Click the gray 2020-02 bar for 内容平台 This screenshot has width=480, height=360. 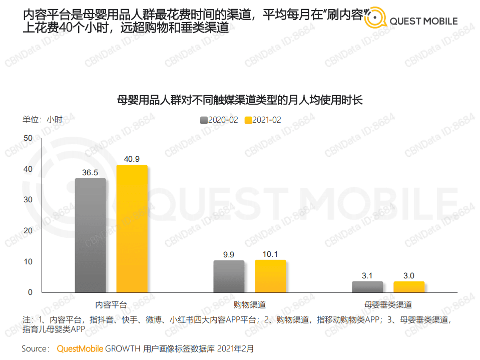90,235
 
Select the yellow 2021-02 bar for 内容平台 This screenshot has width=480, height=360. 132,228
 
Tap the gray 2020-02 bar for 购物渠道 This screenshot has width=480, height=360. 229,276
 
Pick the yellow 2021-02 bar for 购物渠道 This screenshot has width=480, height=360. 270,276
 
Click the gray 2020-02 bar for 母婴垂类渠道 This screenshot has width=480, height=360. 367,286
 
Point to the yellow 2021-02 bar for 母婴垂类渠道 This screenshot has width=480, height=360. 409,286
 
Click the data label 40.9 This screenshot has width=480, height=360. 132,159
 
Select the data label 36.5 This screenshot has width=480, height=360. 90,173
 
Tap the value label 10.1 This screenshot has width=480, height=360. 270,254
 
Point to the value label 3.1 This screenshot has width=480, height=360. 367,275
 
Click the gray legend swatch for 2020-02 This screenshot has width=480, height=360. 204,120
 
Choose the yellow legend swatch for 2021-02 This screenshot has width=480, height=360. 248,120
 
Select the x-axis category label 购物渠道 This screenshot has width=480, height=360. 249,304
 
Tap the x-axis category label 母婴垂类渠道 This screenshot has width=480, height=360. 388,304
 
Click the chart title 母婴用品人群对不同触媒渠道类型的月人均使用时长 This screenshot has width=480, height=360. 239,100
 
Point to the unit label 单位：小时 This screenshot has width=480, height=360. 43,120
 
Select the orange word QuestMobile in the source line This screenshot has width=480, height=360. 80,348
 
